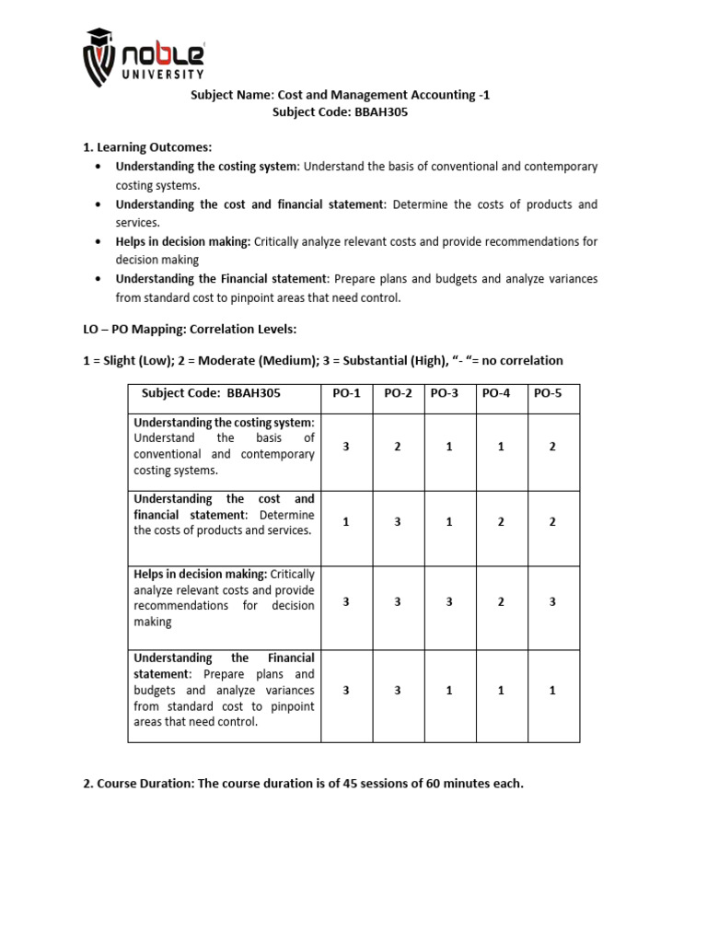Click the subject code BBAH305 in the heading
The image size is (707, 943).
(381, 112)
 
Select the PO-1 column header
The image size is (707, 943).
(345, 393)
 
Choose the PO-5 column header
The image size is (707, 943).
(548, 393)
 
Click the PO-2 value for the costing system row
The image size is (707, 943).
(398, 447)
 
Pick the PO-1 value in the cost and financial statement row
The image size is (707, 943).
(345, 521)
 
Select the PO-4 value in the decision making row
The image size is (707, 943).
(501, 600)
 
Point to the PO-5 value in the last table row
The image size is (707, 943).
(552, 690)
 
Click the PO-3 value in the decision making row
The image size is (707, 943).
(449, 600)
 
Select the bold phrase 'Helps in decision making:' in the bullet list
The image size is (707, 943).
(182, 241)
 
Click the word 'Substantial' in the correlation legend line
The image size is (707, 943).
(358, 360)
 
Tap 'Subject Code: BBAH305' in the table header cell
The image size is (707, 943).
(211, 393)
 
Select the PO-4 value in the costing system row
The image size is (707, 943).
(501, 447)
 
